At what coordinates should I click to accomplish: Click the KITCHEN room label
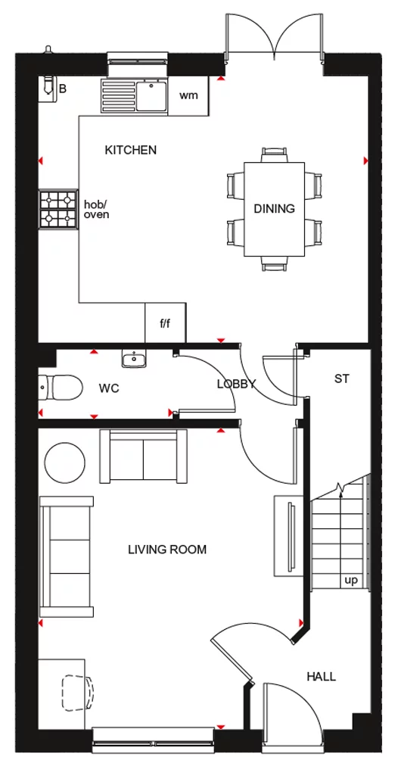tap(131, 150)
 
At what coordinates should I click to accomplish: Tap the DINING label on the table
tap(274, 209)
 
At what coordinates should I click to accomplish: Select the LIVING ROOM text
tap(167, 550)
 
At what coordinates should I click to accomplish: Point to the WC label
tap(110, 388)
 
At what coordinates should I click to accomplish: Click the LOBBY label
tap(236, 384)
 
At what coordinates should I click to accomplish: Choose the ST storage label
tap(341, 378)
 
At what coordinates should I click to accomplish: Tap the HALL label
tap(322, 676)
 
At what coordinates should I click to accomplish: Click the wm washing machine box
tap(188, 96)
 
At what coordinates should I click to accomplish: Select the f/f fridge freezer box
tap(165, 323)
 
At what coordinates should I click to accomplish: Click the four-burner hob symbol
tap(59, 209)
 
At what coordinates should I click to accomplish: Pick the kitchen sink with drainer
tap(134, 95)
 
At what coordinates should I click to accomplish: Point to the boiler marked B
tap(51, 86)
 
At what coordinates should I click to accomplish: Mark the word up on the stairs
tap(351, 581)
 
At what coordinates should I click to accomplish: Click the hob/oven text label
tap(96, 209)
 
